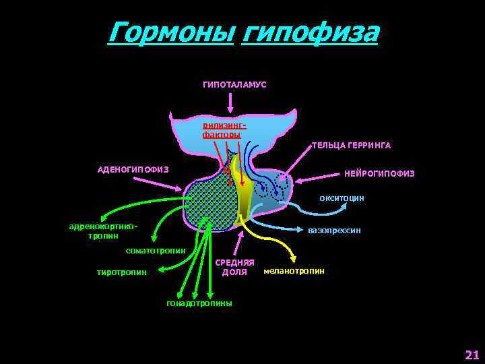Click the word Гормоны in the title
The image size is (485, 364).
[x=170, y=31]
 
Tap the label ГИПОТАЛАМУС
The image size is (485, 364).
[x=234, y=84]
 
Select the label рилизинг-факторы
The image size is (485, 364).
[x=222, y=130]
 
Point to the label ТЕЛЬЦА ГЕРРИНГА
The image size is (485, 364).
[x=351, y=145]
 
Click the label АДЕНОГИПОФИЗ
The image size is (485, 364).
[x=133, y=169]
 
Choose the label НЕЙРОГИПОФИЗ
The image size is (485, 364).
[x=379, y=174]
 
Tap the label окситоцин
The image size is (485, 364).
[x=342, y=198]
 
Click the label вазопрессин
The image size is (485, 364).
[x=333, y=231]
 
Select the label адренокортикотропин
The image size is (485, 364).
[x=103, y=231]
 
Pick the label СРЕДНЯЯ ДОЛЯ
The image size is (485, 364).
[x=234, y=267]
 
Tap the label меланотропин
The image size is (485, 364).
[x=294, y=270]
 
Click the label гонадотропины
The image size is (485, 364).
[x=199, y=303]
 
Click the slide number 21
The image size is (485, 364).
[x=471, y=354]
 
